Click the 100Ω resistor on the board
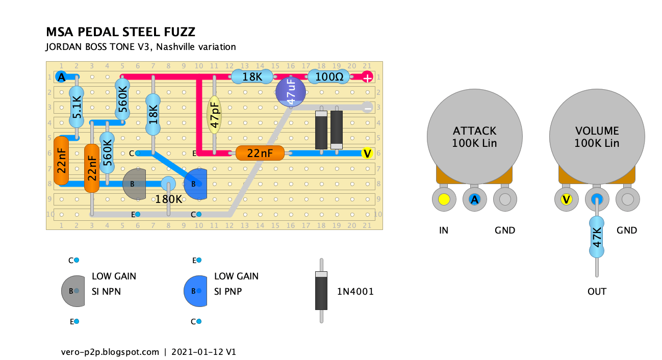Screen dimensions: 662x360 (329, 77)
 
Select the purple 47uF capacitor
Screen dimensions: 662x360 (291, 92)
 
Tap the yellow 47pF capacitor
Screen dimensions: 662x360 (214, 115)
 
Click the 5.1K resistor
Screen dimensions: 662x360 (77, 107)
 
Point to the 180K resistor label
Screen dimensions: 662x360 (168, 199)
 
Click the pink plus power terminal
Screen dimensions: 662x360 (367, 77)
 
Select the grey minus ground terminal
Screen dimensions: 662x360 (367, 108)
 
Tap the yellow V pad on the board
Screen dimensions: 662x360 (367, 153)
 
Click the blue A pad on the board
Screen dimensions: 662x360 (61, 77)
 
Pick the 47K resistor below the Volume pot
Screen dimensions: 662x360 (597, 237)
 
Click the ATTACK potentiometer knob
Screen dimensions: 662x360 (475, 137)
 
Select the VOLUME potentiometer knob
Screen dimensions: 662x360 (597, 137)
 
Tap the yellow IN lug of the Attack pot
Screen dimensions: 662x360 (444, 199)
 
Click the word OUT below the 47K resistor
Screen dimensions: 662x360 (597, 292)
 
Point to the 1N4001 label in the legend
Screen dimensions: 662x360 (355, 292)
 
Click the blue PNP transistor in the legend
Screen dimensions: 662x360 (195, 291)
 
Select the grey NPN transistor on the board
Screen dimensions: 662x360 (134, 184)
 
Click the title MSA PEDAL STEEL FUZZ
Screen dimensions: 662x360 (120, 32)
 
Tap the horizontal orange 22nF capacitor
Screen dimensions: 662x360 (260, 153)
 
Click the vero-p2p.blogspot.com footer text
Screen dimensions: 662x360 (110, 352)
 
